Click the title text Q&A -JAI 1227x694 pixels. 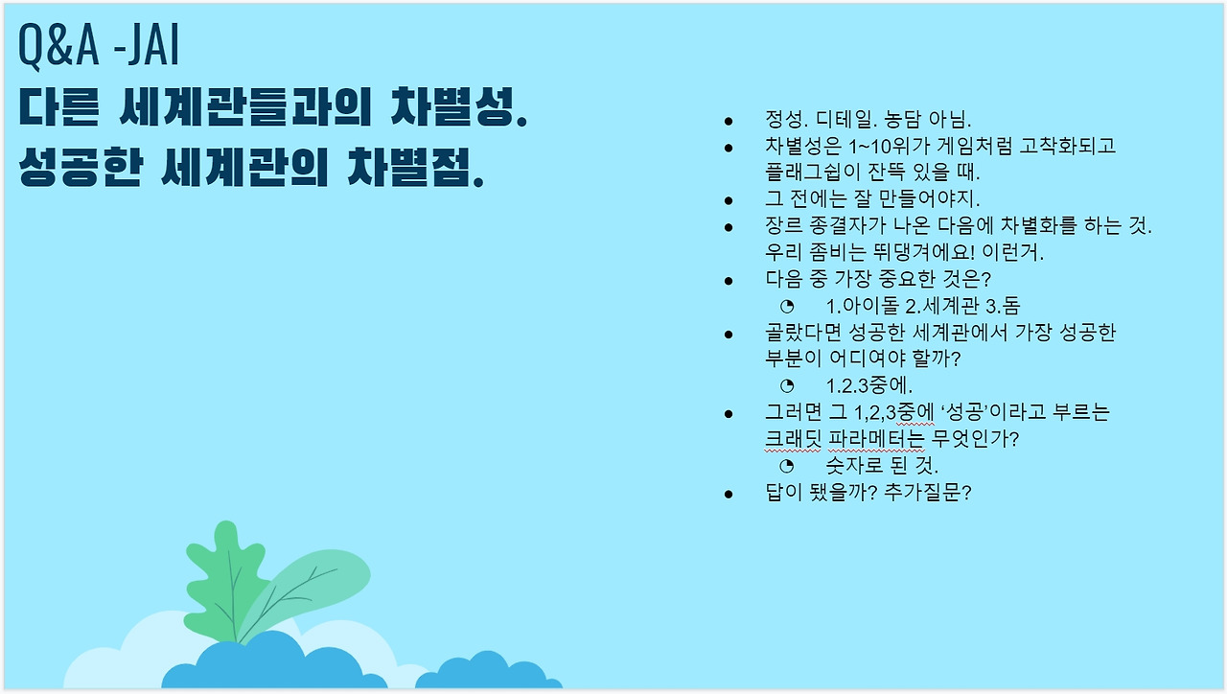tap(99, 46)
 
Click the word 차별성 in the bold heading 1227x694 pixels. tap(459, 106)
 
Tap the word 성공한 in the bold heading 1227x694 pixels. tap(81, 167)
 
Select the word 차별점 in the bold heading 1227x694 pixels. tap(416, 167)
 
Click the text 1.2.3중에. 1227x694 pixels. tap(868, 385)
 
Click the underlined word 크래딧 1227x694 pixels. tap(793, 439)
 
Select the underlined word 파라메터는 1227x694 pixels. tap(876, 439)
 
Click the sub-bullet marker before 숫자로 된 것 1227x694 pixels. tap(787, 466)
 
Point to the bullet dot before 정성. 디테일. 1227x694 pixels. tap(728, 121)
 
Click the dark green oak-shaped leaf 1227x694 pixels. tap(224, 581)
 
